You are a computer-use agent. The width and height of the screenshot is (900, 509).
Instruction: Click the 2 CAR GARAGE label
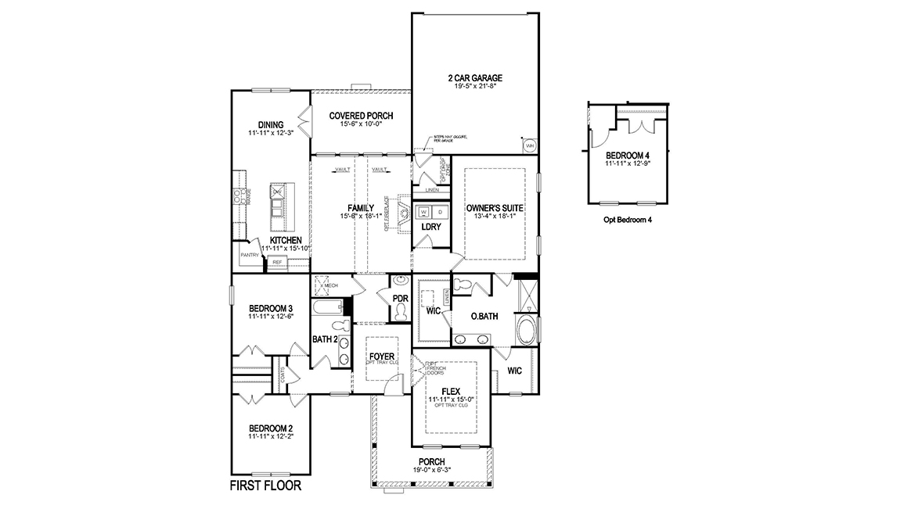pyautogui.click(x=474, y=78)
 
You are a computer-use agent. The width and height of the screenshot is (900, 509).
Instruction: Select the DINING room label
pyautogui.click(x=271, y=124)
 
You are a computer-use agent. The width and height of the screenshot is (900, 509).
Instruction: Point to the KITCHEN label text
pyautogui.click(x=286, y=239)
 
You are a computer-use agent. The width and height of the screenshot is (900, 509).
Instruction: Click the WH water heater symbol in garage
pyautogui.click(x=529, y=145)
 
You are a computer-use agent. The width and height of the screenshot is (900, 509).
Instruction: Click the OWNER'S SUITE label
pyautogui.click(x=495, y=208)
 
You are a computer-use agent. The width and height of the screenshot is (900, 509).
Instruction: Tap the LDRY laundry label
pyautogui.click(x=430, y=227)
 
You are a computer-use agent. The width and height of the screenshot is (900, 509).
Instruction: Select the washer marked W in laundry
pyautogui.click(x=423, y=212)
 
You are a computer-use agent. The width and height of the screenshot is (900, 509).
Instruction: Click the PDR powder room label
pyautogui.click(x=401, y=299)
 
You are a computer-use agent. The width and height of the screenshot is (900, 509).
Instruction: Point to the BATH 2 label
pyautogui.click(x=325, y=339)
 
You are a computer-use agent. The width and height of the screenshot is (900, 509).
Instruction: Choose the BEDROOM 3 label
pyautogui.click(x=271, y=307)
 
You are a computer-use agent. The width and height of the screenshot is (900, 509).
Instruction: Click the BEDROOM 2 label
pyautogui.click(x=271, y=428)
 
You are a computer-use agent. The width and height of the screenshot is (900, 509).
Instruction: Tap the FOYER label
pyautogui.click(x=382, y=357)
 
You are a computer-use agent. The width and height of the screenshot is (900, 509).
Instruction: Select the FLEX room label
pyautogui.click(x=450, y=391)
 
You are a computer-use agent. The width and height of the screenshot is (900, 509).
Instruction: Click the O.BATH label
pyautogui.click(x=485, y=317)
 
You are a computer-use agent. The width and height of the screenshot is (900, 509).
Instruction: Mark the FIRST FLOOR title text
pyautogui.click(x=265, y=486)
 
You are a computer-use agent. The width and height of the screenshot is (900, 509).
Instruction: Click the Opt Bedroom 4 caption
pyautogui.click(x=628, y=220)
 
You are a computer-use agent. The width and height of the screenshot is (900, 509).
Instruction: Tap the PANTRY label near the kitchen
pyautogui.click(x=249, y=255)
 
